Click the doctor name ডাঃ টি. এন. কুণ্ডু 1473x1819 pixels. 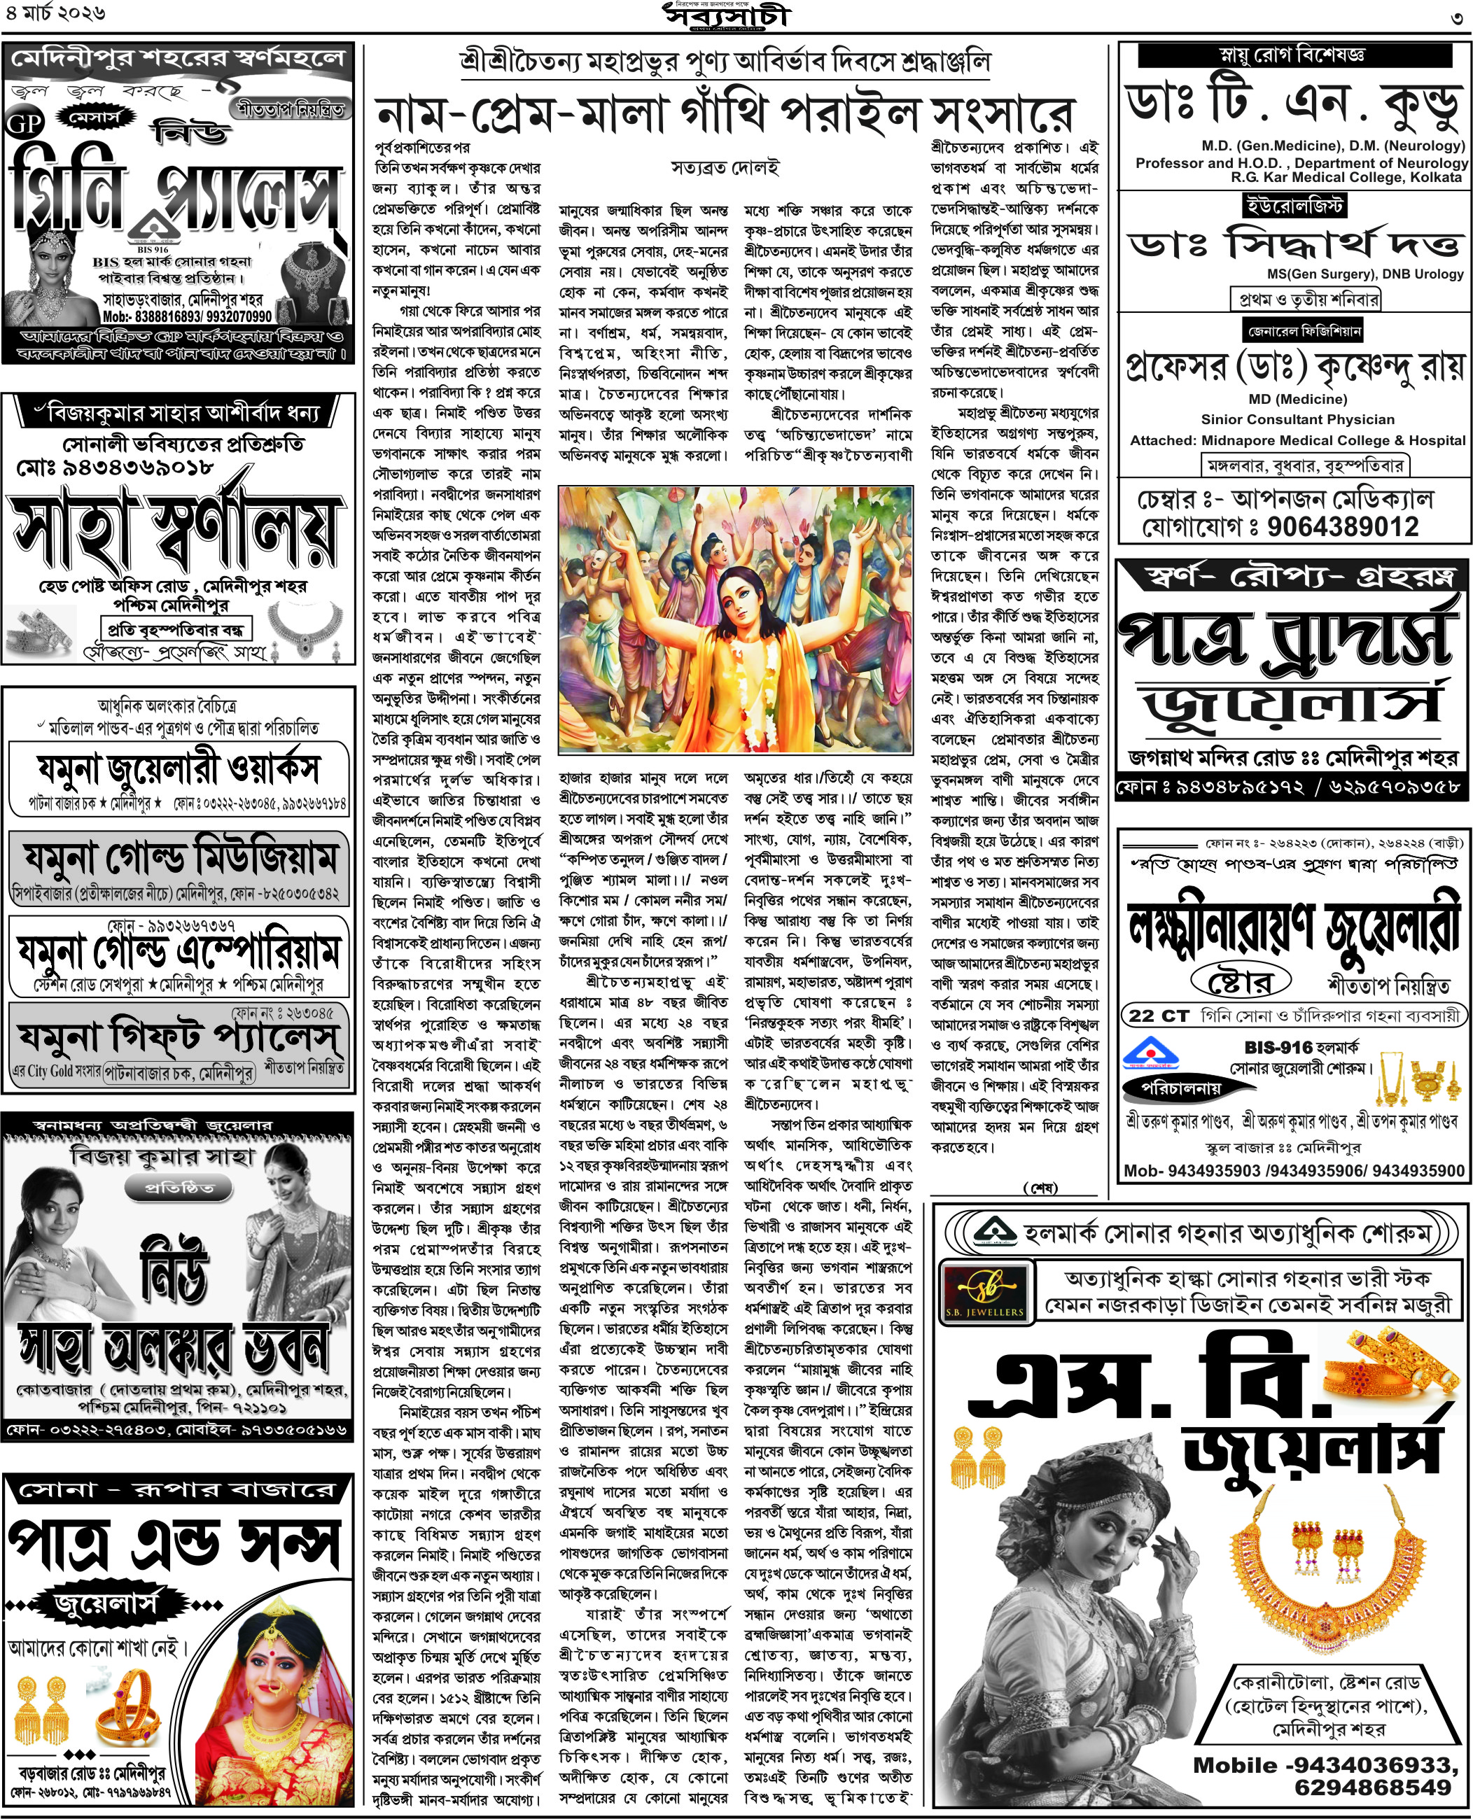pos(1294,104)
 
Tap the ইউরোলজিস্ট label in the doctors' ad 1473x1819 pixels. pos(1294,205)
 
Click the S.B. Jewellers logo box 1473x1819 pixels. pos(985,1293)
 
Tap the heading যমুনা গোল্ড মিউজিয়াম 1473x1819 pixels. pos(179,858)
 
